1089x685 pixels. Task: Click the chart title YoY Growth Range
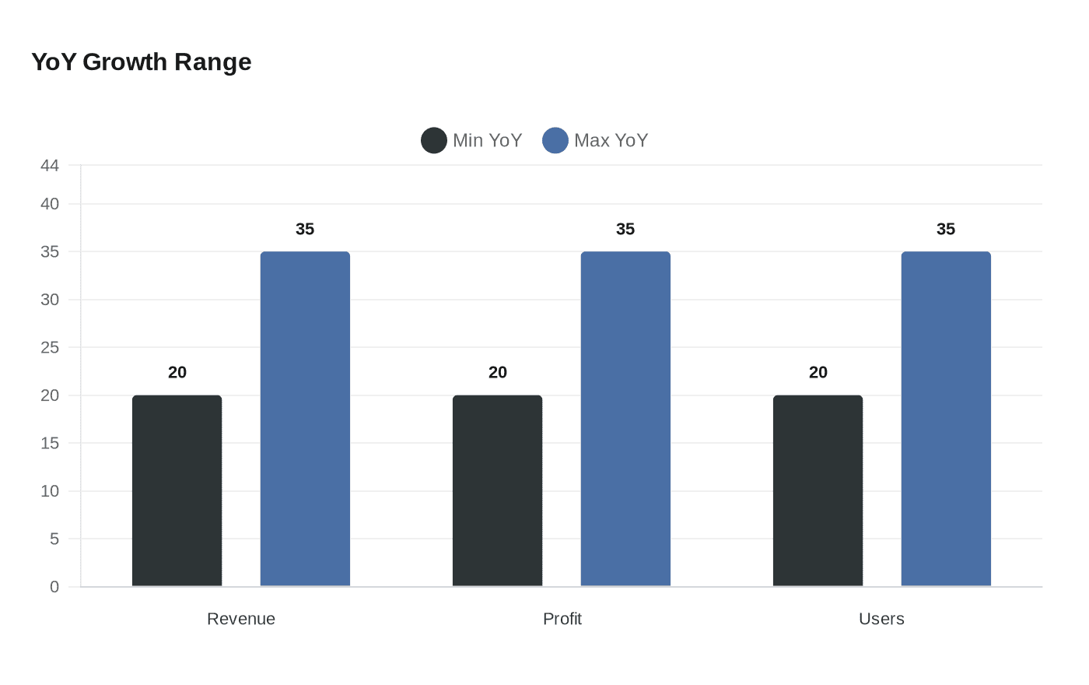coord(141,61)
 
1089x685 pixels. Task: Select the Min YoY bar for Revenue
coord(177,490)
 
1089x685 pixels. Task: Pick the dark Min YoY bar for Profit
coord(497,490)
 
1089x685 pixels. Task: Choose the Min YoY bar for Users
coord(818,490)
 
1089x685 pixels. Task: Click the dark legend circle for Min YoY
coord(433,140)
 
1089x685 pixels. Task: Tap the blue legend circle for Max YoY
coord(555,140)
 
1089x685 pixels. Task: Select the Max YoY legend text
coord(611,140)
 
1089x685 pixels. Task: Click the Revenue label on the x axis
coord(241,619)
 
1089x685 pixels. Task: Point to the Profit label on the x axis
coord(562,619)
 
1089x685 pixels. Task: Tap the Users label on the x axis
coord(881,619)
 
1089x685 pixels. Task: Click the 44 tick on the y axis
coord(50,165)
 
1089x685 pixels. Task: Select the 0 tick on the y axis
coord(54,587)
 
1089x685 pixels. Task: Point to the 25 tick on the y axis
coord(50,347)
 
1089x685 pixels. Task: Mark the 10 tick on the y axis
coord(50,491)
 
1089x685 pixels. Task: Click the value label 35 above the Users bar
coord(946,229)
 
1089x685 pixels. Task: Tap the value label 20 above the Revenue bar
coord(177,372)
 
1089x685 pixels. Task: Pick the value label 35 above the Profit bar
coord(625,229)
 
